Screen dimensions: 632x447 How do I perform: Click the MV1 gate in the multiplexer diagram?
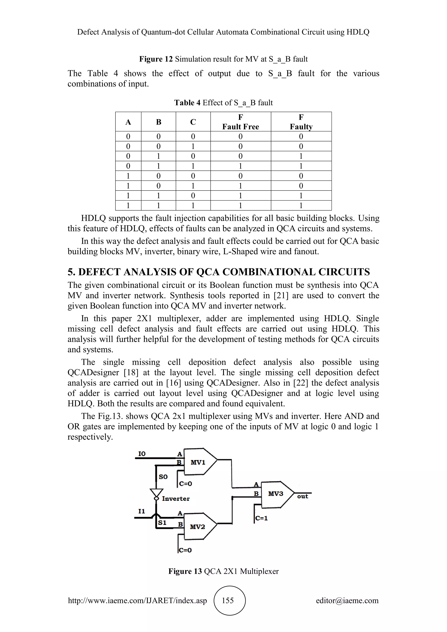(x=198, y=462)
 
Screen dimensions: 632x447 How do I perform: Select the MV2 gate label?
(x=197, y=527)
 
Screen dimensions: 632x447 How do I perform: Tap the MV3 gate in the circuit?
(x=275, y=494)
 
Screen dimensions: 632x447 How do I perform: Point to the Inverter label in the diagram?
(x=176, y=498)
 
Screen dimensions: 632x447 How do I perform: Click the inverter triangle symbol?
(x=156, y=493)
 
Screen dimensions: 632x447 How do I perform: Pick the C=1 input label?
(x=261, y=518)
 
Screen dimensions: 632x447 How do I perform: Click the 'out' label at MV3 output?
(x=303, y=496)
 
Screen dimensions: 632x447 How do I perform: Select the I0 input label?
(x=142, y=454)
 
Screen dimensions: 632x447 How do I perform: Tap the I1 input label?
(x=141, y=511)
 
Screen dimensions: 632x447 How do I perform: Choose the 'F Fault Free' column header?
(x=241, y=122)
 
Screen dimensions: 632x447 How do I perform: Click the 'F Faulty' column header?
(x=301, y=122)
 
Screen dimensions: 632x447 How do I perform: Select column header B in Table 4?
(x=158, y=122)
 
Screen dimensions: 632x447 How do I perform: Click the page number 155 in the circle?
(x=228, y=600)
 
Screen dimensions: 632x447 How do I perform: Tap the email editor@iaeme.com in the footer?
(x=347, y=600)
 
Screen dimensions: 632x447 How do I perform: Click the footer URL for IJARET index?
(x=137, y=600)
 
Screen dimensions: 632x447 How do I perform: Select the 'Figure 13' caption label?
(x=185, y=571)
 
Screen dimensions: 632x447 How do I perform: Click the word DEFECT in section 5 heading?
(x=99, y=272)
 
